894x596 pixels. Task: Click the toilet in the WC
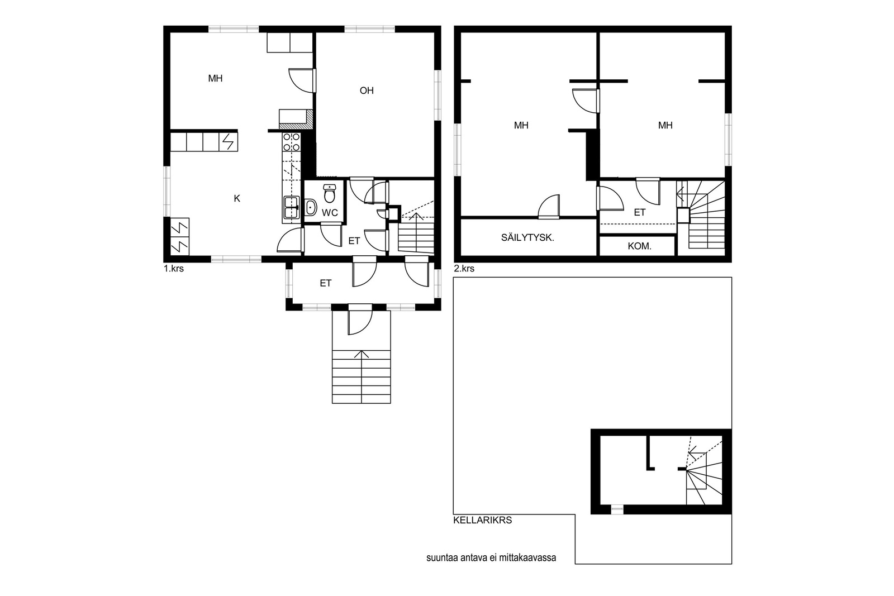coord(329,193)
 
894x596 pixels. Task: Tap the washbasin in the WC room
coord(311,208)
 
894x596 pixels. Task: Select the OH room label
coord(367,90)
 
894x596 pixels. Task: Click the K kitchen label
coord(237,198)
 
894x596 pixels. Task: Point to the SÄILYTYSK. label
coord(527,238)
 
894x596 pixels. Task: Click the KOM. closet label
coord(639,246)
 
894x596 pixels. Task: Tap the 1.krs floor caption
coord(174,269)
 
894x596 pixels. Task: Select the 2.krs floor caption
coord(464,269)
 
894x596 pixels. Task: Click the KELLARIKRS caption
coord(483,520)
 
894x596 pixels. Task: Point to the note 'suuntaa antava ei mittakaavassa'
coord(491,557)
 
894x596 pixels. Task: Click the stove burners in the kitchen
coord(291,142)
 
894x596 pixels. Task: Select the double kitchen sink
coord(291,207)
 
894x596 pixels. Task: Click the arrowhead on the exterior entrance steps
coord(362,354)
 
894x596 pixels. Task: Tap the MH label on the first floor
coord(216,78)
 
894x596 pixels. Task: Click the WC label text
coord(330,213)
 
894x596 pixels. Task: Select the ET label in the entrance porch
coord(326,283)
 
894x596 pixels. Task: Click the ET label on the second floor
coord(640,212)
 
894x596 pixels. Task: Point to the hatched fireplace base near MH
coord(296,125)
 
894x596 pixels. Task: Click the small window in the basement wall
coord(617,509)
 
